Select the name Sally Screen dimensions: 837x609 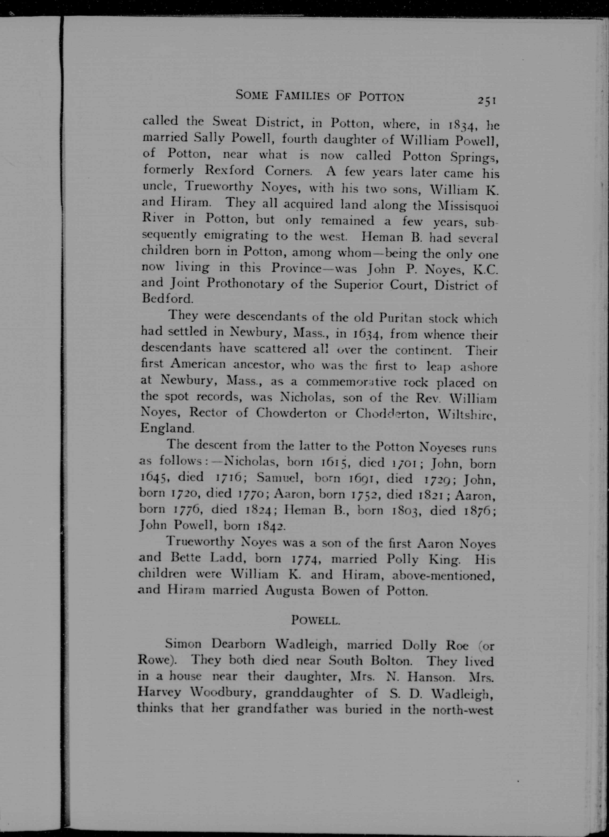pos(209,138)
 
